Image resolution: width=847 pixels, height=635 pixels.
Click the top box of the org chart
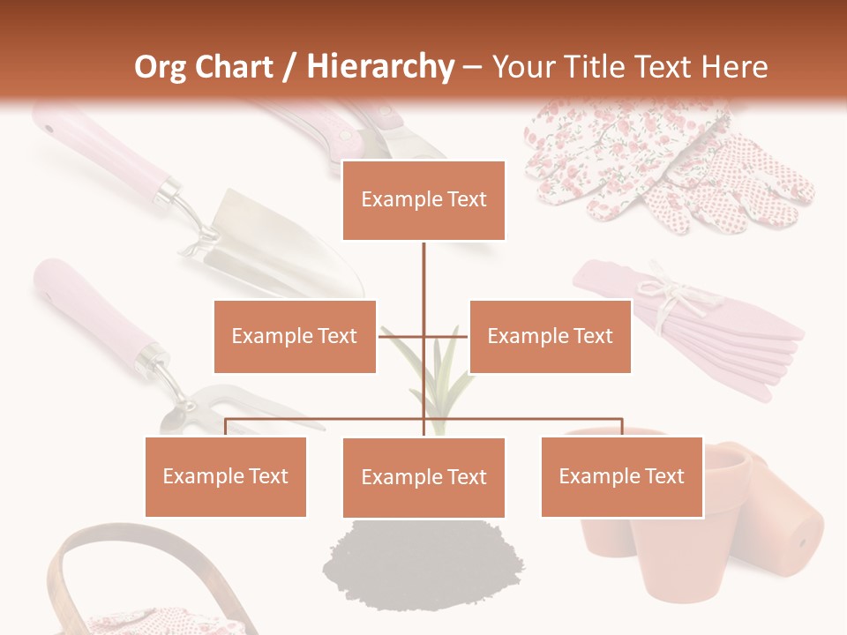pos(423,200)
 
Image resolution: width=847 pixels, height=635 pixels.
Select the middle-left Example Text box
pos(295,336)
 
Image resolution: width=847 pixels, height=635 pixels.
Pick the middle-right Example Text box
pos(550,336)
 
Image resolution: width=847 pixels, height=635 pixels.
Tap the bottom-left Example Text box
pos(226,476)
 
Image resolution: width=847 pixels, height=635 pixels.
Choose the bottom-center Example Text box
pos(423,477)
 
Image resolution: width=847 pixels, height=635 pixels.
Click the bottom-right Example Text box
pos(621,476)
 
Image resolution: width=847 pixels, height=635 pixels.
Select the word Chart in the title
pos(236,67)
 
